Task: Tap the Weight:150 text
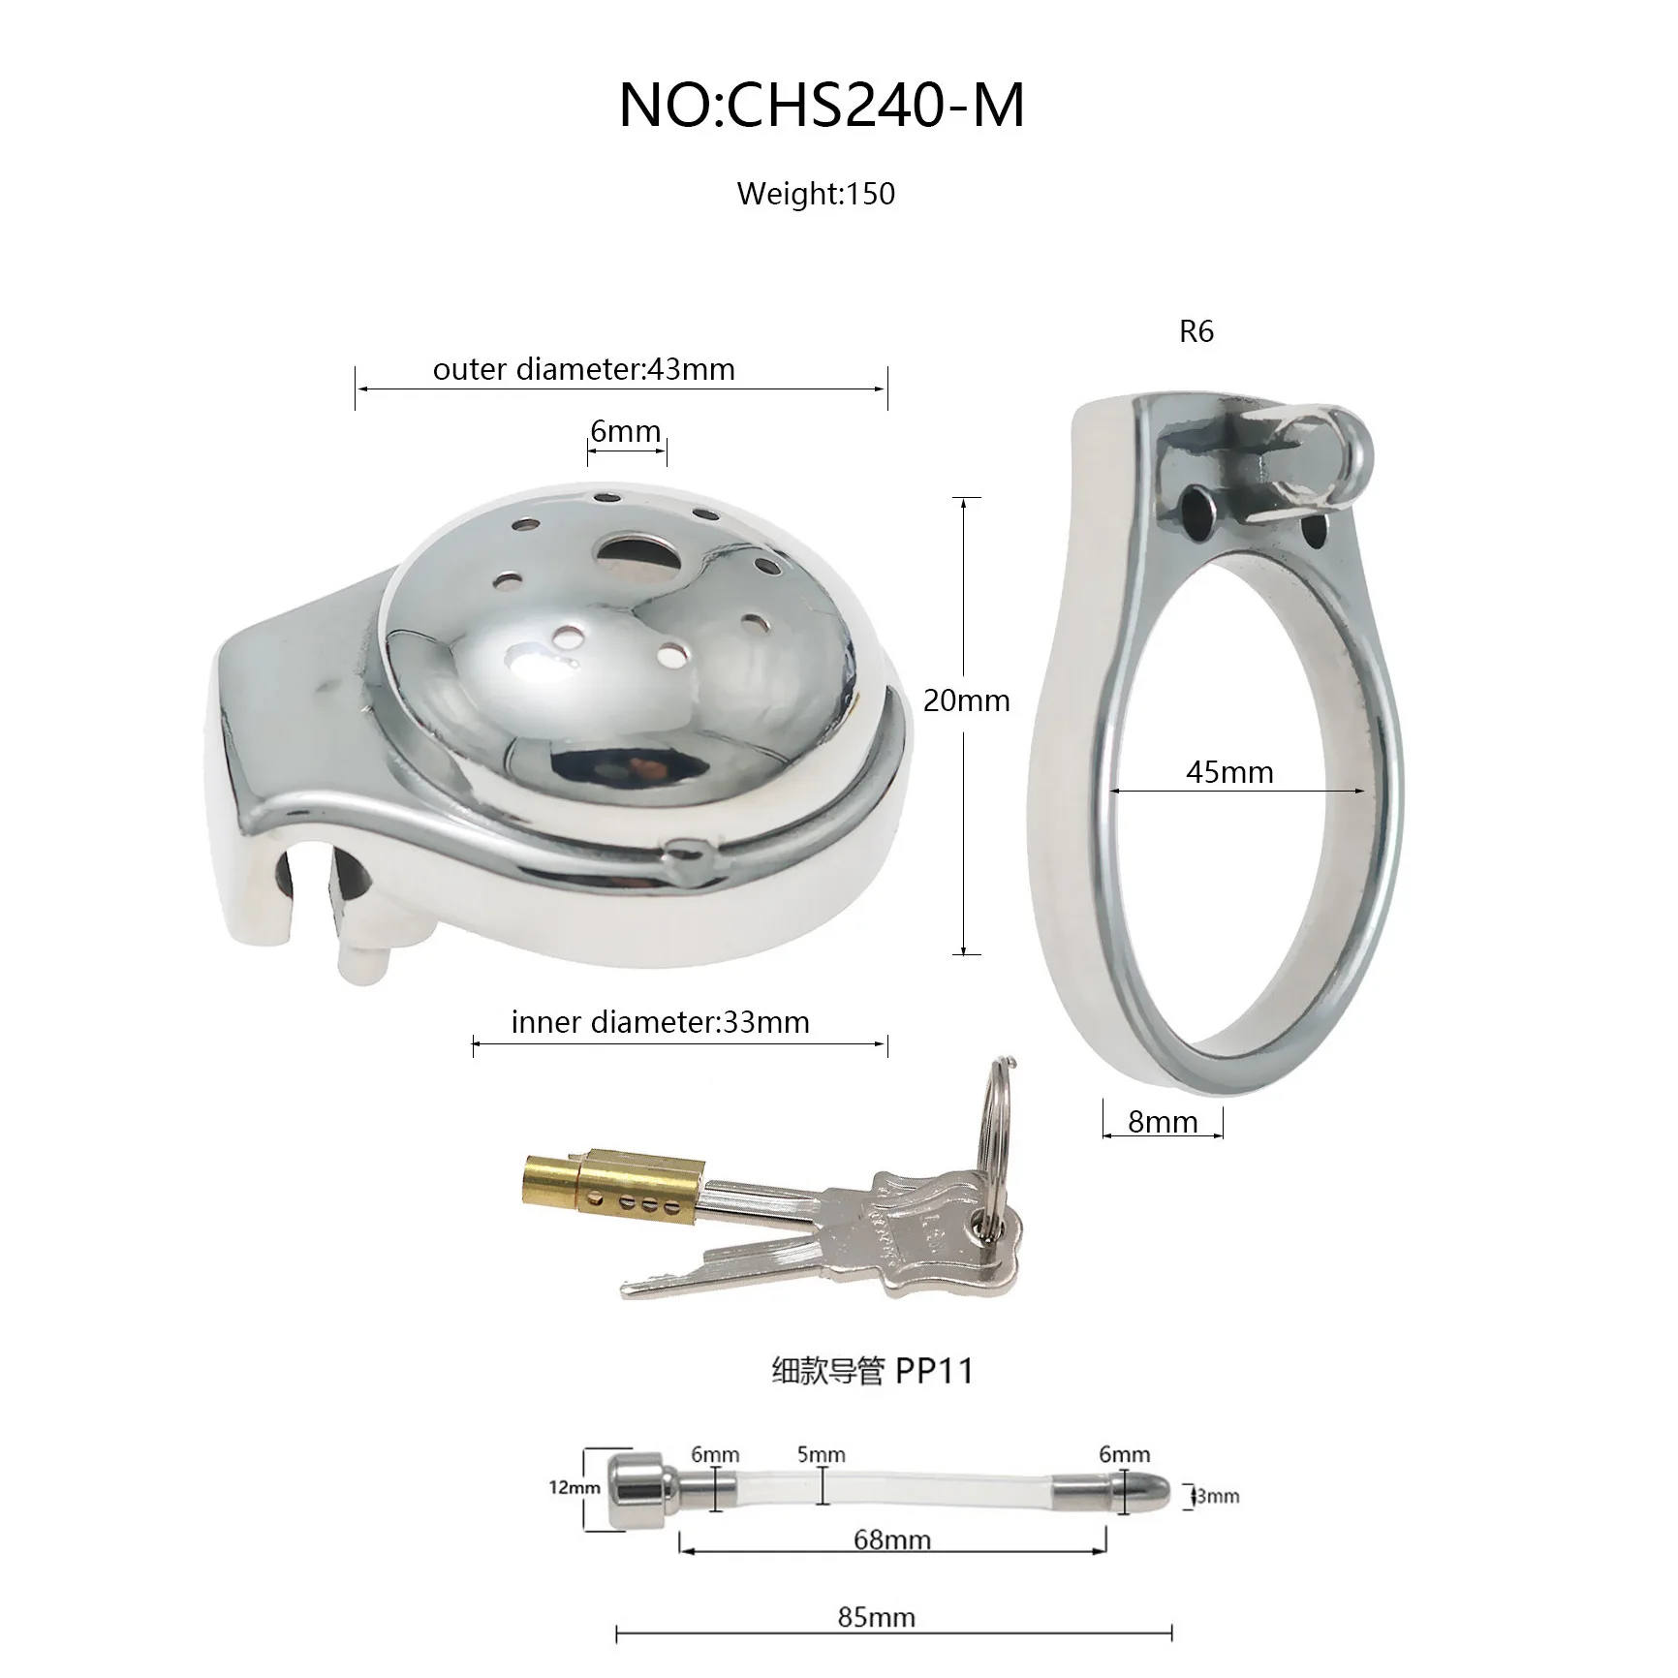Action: [x=816, y=194]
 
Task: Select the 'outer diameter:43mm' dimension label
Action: [x=583, y=369]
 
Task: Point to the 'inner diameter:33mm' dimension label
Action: [x=660, y=1022]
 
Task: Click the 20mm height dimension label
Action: [x=966, y=700]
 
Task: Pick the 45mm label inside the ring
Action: [x=1229, y=772]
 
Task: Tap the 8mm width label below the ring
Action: [x=1163, y=1122]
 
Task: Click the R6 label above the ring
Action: [x=1196, y=331]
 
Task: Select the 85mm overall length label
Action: [x=877, y=1617]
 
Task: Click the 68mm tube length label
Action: [x=892, y=1539]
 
